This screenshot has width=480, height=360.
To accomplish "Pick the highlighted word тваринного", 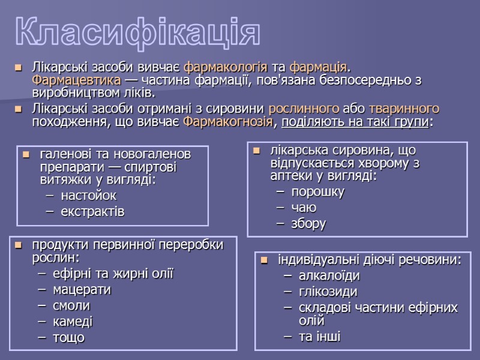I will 404,109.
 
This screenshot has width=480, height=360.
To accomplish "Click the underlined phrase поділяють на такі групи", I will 355,122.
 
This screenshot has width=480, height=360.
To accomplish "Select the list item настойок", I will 88,196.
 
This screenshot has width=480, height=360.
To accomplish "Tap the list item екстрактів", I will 92,211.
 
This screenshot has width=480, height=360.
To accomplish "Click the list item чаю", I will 304,208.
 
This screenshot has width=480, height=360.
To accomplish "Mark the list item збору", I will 308,223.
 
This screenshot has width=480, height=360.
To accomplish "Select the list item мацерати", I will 82,290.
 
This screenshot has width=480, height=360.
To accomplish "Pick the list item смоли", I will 71,305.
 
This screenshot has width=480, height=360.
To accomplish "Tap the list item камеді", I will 73,321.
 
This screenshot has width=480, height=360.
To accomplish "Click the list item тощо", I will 68,337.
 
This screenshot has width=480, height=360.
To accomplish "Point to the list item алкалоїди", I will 329,276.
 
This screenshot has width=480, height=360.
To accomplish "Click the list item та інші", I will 319,337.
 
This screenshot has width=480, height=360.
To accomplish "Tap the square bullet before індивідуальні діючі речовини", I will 265,260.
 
